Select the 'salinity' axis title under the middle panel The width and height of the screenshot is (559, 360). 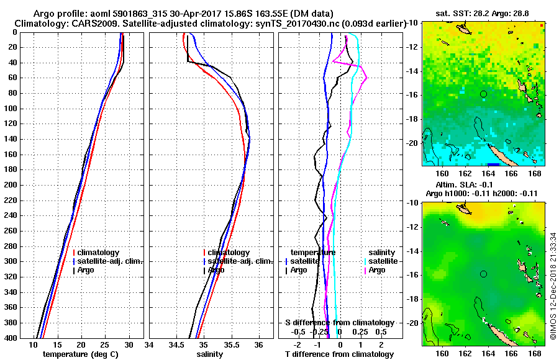(210, 354)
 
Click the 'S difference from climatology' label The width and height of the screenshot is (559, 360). (339, 323)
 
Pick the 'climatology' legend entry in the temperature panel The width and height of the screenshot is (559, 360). (98, 253)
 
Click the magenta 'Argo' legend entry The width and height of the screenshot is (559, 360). (376, 270)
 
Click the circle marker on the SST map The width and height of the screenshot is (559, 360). (483, 94)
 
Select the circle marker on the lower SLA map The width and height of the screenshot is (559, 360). (483, 274)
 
